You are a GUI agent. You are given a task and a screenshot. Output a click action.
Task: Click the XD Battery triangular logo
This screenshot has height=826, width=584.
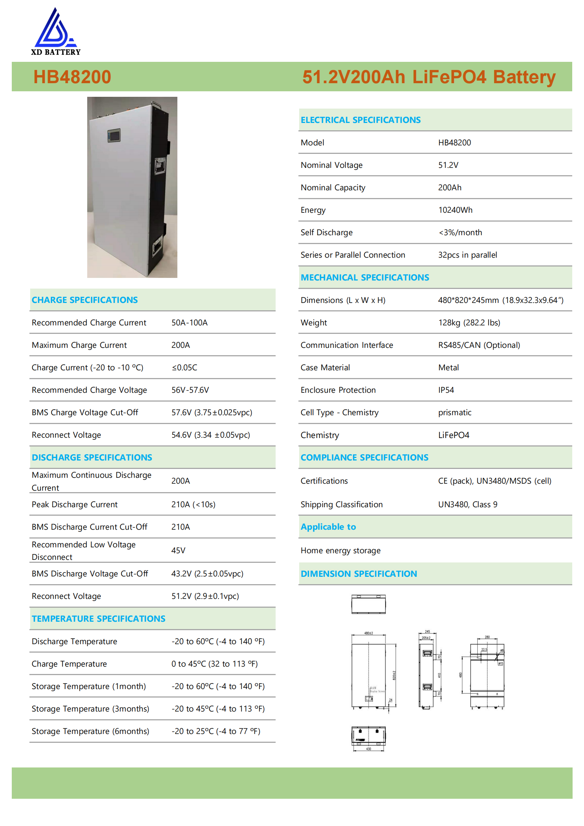click(55, 29)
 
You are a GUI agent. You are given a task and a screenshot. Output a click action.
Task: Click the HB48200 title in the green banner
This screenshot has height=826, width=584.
click(72, 77)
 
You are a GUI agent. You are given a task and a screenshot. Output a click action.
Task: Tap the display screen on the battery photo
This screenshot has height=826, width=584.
click(114, 135)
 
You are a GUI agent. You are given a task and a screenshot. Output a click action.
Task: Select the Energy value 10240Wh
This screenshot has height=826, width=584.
click(455, 210)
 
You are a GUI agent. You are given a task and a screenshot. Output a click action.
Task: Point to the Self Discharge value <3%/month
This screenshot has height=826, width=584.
click(460, 232)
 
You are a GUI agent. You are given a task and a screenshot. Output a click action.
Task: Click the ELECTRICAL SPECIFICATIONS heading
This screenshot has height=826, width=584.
click(360, 120)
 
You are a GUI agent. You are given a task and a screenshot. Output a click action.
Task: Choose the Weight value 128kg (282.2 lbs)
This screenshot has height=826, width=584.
click(469, 322)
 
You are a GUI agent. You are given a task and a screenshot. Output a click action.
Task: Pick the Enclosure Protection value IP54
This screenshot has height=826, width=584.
click(446, 390)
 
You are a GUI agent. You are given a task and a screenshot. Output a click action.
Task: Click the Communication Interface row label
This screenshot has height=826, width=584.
click(346, 345)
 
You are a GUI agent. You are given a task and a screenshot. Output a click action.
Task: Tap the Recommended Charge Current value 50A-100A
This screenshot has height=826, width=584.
click(189, 322)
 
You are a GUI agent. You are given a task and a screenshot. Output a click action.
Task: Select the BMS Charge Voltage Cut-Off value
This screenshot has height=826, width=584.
click(212, 412)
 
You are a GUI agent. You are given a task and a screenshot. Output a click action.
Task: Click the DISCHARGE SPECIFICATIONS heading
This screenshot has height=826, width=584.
click(92, 457)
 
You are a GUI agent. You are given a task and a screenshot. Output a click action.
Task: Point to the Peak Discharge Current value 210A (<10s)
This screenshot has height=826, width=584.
click(193, 504)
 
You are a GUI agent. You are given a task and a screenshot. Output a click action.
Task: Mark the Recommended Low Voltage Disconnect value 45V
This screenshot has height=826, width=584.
click(178, 550)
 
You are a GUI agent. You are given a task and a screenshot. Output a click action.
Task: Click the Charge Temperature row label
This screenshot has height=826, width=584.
click(69, 664)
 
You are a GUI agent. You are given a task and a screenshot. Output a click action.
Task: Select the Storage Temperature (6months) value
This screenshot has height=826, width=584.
click(216, 731)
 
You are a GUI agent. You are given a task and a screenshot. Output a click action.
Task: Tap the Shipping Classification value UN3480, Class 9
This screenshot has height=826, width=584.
click(467, 504)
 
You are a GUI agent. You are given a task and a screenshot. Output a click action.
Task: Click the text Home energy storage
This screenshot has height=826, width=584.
click(340, 550)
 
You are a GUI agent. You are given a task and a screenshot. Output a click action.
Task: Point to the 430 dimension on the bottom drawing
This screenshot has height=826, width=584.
click(368, 749)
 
